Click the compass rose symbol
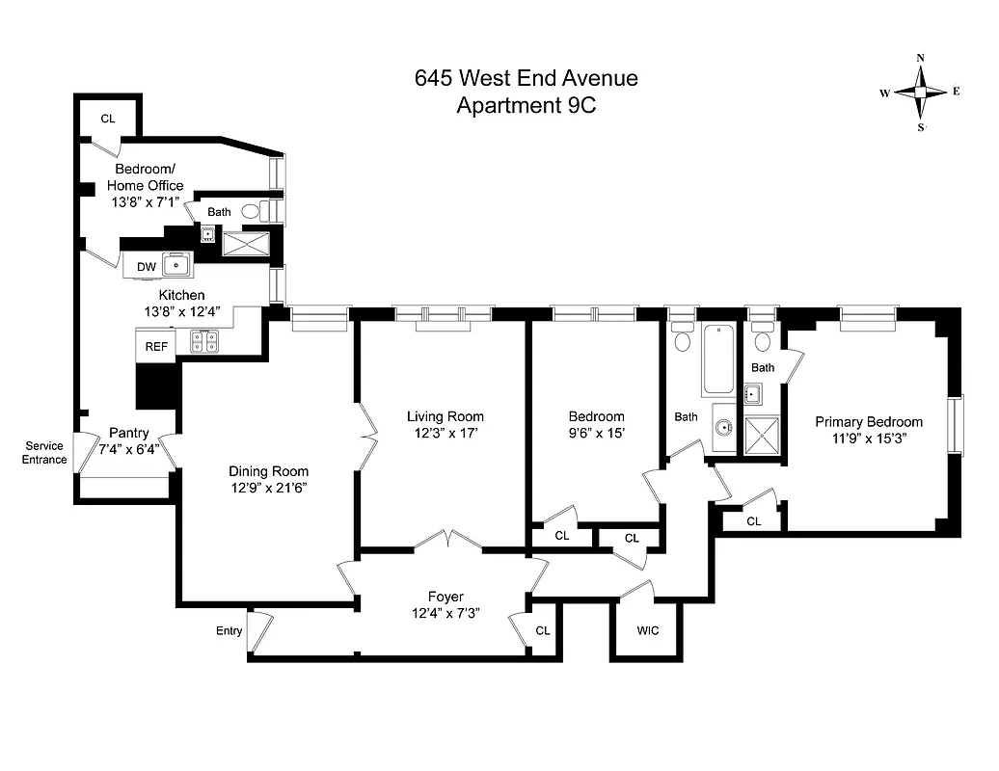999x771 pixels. [920, 93]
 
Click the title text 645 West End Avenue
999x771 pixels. [526, 79]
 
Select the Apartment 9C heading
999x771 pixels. [526, 106]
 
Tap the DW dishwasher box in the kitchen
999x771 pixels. [146, 266]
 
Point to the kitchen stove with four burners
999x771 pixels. [204, 339]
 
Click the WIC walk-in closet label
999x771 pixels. [648, 631]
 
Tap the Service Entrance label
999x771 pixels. [45, 453]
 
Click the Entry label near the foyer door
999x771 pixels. [229, 631]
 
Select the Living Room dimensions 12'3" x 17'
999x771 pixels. [445, 433]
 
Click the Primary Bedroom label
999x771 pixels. [868, 422]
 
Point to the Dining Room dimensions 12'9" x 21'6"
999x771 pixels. [268, 488]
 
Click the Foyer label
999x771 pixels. [445, 597]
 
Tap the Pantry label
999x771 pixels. [128, 433]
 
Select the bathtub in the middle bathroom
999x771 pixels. [717, 360]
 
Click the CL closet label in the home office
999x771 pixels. [108, 119]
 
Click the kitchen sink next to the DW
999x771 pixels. [176, 263]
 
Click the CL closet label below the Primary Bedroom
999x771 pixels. [753, 521]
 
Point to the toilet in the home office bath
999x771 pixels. [251, 211]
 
